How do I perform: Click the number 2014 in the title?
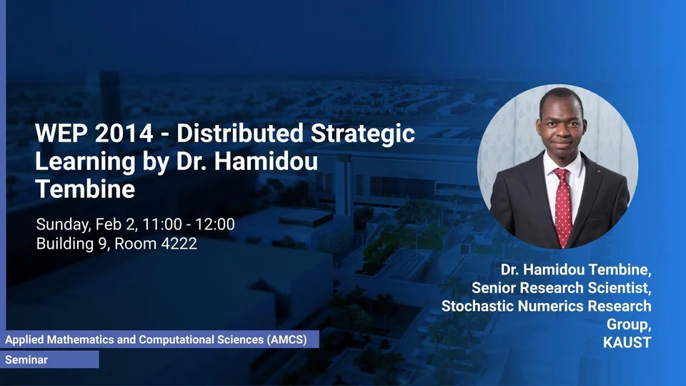(124, 133)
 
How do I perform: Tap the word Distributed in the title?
(240, 133)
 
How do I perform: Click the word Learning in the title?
(85, 162)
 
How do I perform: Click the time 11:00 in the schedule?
(162, 224)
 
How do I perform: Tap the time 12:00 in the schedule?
(215, 224)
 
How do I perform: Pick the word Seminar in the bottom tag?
(26, 360)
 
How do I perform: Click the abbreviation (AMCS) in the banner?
(287, 340)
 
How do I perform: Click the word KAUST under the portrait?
(627, 342)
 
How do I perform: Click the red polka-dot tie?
(563, 207)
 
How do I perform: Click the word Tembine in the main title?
(85, 189)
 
